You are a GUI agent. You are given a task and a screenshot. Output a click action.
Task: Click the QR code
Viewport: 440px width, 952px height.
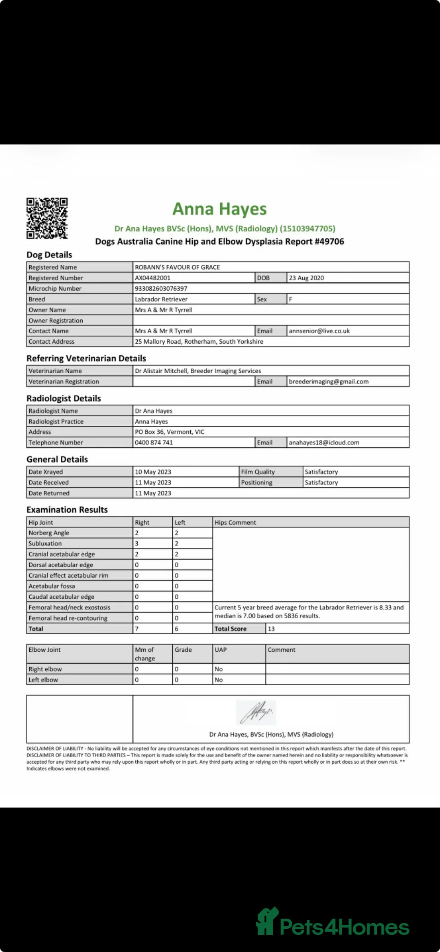[x=47, y=218]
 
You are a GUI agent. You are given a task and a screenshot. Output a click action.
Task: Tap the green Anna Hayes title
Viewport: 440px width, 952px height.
[x=220, y=209]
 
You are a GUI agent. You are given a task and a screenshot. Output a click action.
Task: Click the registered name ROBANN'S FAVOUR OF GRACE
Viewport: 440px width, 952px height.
[x=177, y=267]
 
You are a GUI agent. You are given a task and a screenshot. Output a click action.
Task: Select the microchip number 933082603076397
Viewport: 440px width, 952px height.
[x=161, y=288]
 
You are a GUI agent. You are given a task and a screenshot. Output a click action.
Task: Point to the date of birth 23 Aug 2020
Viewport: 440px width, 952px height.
[x=306, y=278]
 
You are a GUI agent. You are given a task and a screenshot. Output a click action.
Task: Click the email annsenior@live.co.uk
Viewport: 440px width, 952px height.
[x=319, y=331]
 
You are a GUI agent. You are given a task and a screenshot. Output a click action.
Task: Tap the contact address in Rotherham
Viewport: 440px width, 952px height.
[x=199, y=342]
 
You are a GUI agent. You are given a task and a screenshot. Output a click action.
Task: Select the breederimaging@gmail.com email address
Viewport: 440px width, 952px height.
[x=328, y=382]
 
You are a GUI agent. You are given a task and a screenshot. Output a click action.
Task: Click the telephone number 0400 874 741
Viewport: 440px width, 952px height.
[x=154, y=442]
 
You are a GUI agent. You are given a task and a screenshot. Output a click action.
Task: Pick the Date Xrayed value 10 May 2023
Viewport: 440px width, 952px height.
[x=153, y=472]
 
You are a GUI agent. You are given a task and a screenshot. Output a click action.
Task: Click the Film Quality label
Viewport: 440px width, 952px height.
[x=258, y=472]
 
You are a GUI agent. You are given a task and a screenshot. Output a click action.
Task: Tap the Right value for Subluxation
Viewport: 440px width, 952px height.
[x=137, y=543]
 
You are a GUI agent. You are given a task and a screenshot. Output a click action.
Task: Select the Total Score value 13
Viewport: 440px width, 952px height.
[x=271, y=629]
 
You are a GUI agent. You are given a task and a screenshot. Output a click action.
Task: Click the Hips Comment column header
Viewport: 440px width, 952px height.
[x=235, y=523]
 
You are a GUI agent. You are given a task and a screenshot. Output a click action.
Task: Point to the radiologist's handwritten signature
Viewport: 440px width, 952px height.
[x=256, y=712]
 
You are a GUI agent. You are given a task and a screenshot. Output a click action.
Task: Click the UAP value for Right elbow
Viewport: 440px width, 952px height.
[x=219, y=669]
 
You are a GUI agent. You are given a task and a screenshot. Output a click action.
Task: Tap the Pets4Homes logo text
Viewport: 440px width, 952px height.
[x=344, y=928]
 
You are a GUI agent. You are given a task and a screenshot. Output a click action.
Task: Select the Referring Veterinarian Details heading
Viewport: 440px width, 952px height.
[x=86, y=358]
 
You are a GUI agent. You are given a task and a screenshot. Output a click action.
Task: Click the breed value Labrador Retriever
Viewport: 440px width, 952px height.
[x=161, y=299]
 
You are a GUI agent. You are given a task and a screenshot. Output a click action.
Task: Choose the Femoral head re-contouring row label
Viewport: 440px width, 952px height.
[x=68, y=618]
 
